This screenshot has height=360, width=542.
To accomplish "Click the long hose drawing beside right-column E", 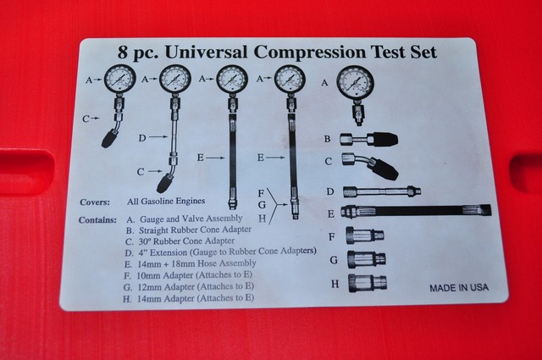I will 410,211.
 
